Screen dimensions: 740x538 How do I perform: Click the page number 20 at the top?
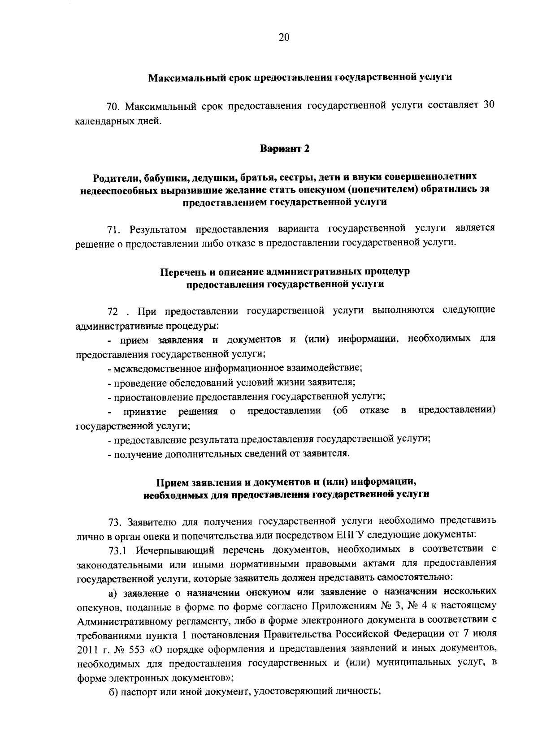[284, 38]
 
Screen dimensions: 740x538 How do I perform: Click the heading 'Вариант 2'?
[285, 149]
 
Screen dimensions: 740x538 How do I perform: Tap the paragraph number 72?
[113, 311]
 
